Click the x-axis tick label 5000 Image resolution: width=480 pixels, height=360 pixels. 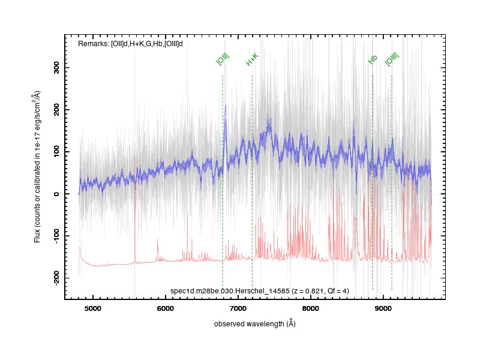pos(92,308)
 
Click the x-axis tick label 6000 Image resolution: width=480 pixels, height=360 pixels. pos(165,308)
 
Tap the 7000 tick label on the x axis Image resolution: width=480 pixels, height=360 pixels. pos(238,308)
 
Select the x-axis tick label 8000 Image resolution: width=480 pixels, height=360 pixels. pos(310,308)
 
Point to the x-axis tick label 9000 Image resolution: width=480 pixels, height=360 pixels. pos(383,308)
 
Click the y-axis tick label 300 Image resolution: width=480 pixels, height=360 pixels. pos(56,67)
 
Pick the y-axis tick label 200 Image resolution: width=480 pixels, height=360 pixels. pos(56,110)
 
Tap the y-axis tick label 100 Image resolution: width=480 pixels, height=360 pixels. pos(56,152)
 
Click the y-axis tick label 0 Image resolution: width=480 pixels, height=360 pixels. pos(56,194)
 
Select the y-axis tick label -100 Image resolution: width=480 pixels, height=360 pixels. pos(56,236)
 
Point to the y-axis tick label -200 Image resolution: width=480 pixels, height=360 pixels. pos(56,278)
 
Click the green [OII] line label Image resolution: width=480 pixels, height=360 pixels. pos(223,59)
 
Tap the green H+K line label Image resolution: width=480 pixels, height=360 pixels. pos(252,59)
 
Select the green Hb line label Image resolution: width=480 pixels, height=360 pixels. pos(373,59)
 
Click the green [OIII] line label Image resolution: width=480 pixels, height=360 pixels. pos(392,59)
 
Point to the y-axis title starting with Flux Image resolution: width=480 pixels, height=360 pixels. pos(37,167)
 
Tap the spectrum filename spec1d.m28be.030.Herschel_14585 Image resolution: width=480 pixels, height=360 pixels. pos(230,291)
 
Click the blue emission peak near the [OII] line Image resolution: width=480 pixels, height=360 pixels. pos(226,106)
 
